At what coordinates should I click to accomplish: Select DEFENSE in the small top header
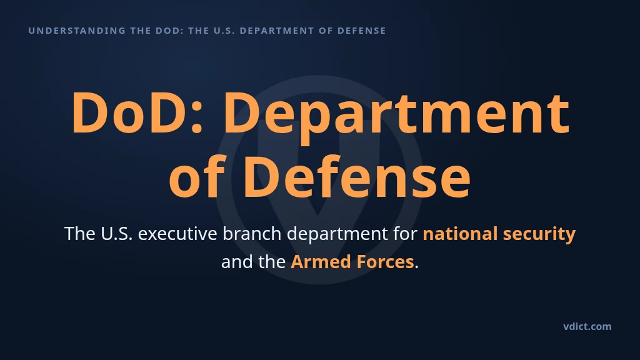coord(362,31)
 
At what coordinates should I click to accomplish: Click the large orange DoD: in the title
coord(137,112)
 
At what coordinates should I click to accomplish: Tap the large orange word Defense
coord(357,176)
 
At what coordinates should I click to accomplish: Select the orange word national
coord(460,234)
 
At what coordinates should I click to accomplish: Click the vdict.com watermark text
coord(587,326)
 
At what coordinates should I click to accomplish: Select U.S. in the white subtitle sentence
coord(117,234)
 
